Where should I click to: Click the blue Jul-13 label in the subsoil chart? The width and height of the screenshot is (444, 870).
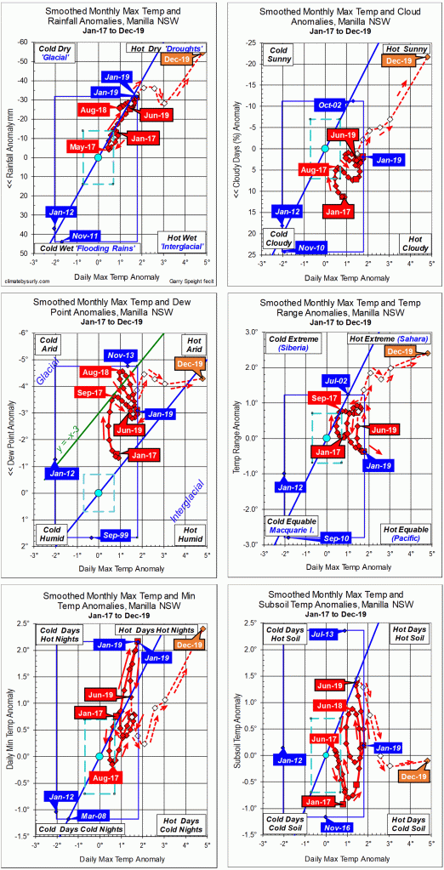(302, 634)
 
